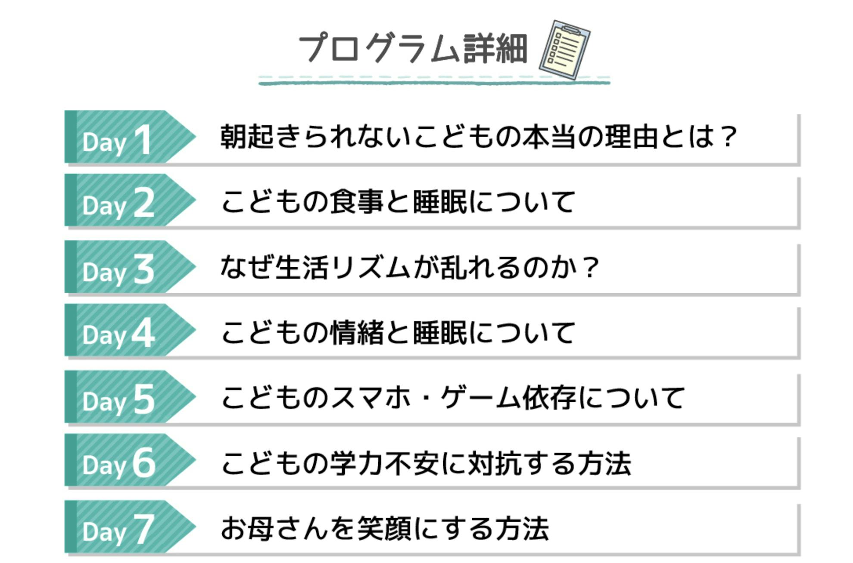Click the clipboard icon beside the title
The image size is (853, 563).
pos(564,50)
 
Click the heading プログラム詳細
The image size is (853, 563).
pos(413,49)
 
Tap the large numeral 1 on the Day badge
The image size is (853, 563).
pos(143,140)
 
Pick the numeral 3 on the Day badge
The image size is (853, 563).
pos(144,269)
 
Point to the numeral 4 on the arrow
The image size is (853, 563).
pos(143,333)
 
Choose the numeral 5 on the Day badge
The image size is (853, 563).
pos(144,400)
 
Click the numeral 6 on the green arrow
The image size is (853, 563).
pos(144,463)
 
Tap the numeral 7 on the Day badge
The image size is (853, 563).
pos(144,529)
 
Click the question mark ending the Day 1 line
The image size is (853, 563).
pos(729,137)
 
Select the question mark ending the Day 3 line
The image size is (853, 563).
pos(590,268)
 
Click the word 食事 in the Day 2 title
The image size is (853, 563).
pos(357,201)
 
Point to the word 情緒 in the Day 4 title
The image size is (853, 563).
pos(357,333)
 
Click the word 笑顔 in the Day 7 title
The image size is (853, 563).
pos(384,529)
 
